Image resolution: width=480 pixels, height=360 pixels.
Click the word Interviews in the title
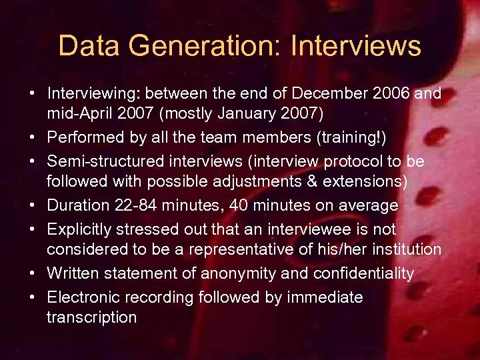point(357,47)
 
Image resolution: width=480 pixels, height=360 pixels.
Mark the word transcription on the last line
point(91,317)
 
